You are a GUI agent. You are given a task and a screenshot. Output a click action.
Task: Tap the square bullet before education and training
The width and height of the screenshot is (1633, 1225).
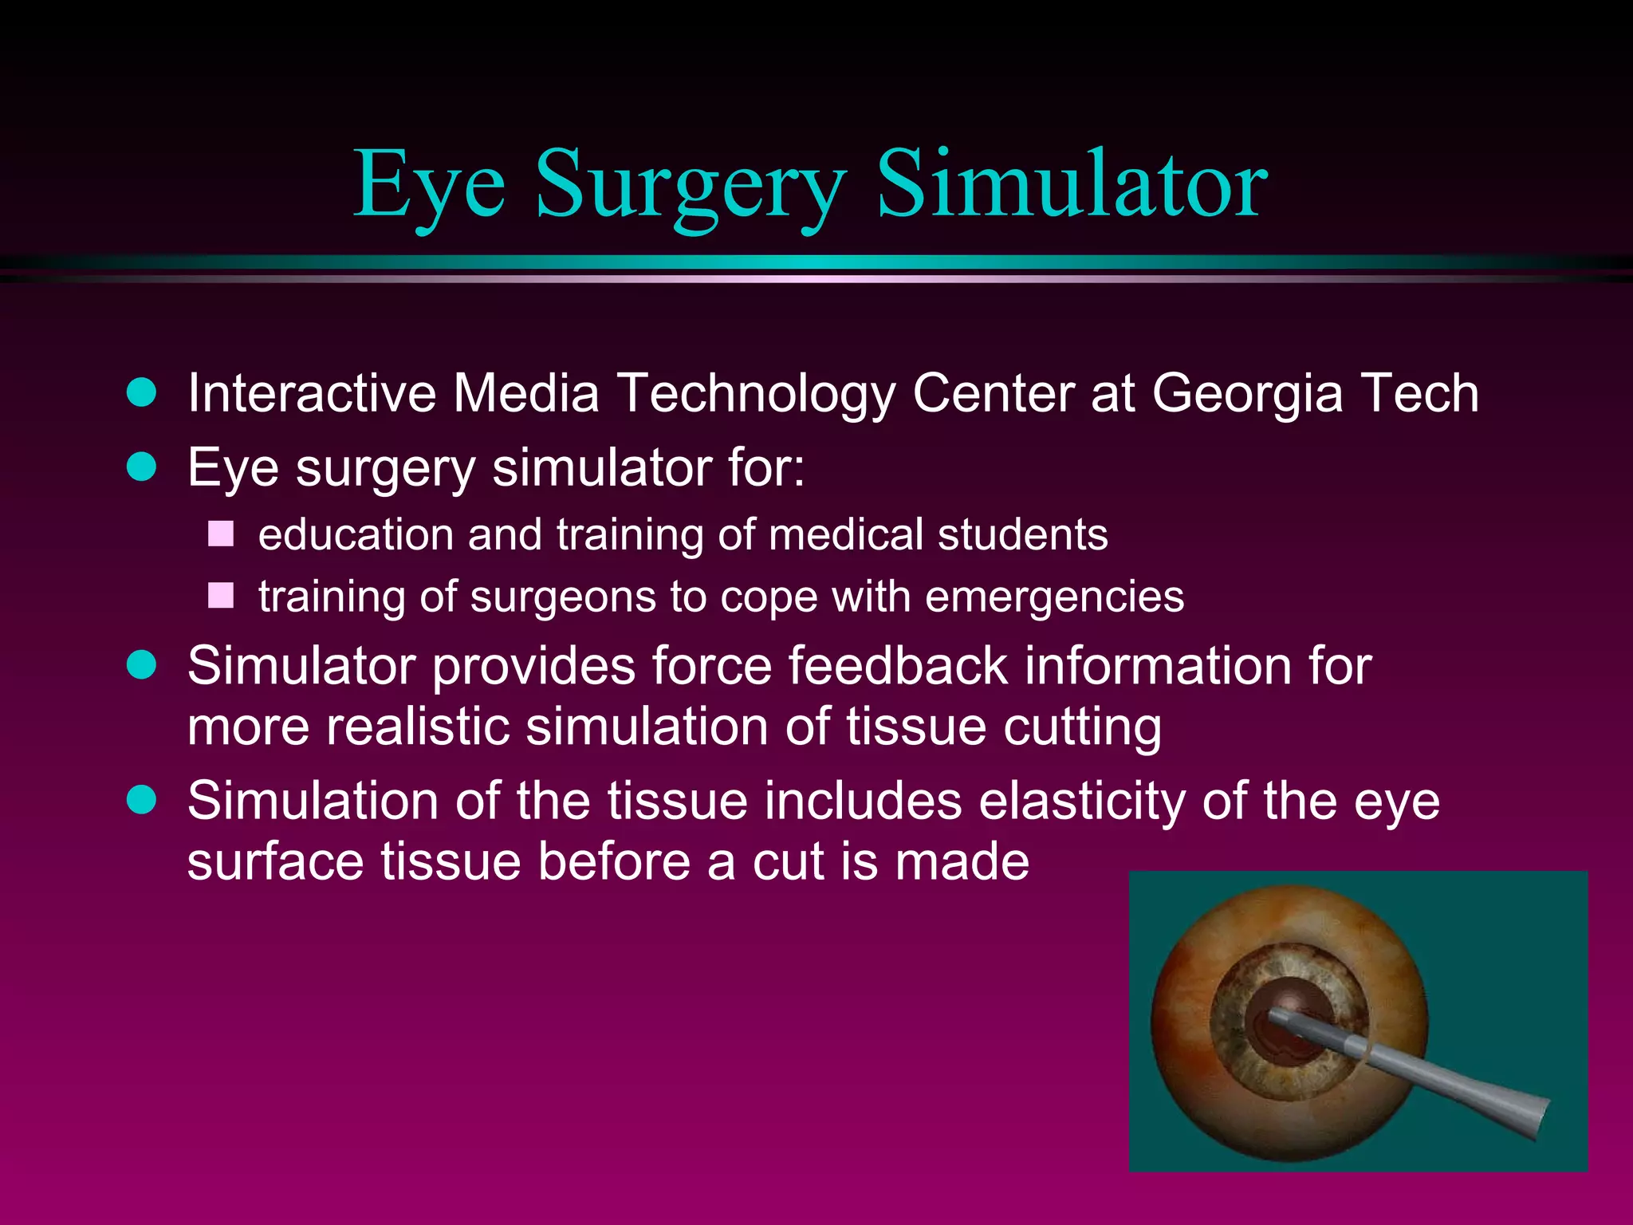[x=221, y=534]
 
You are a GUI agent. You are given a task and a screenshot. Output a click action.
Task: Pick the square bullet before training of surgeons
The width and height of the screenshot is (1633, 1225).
[x=221, y=596]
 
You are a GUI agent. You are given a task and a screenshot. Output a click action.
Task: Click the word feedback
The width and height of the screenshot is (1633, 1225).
[x=898, y=666]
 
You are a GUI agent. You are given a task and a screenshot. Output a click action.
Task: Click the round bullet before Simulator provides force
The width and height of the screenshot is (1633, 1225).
[x=142, y=664]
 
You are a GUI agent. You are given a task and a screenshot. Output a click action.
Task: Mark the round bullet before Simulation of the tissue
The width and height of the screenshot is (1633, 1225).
[x=142, y=799]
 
